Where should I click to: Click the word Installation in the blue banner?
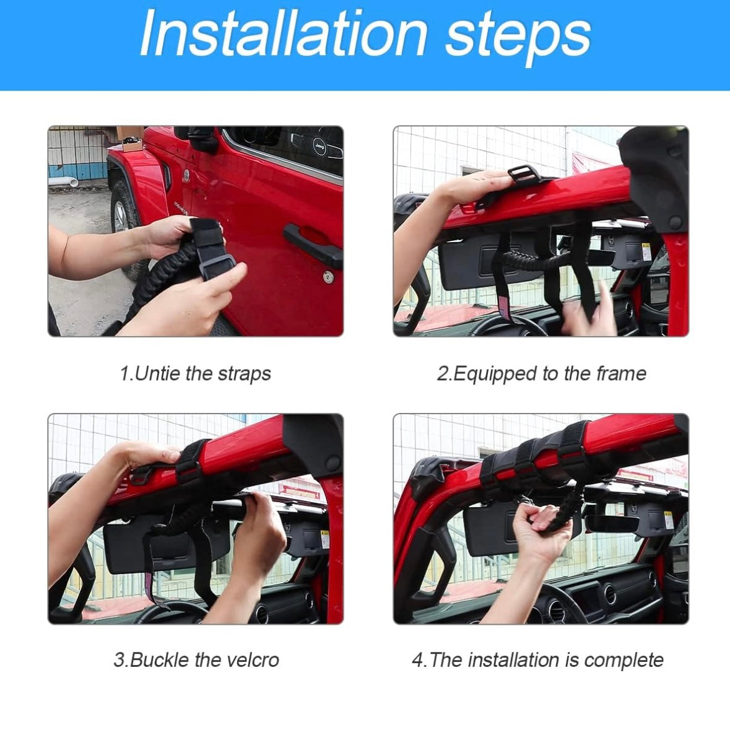click(x=282, y=33)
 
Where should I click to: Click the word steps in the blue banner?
click(x=518, y=37)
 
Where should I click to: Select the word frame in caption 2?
click(x=621, y=373)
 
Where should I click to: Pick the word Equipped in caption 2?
click(x=481, y=374)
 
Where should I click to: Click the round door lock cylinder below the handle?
click(x=328, y=277)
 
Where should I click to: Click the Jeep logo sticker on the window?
click(x=319, y=146)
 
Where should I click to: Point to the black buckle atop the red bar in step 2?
click(x=523, y=175)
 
